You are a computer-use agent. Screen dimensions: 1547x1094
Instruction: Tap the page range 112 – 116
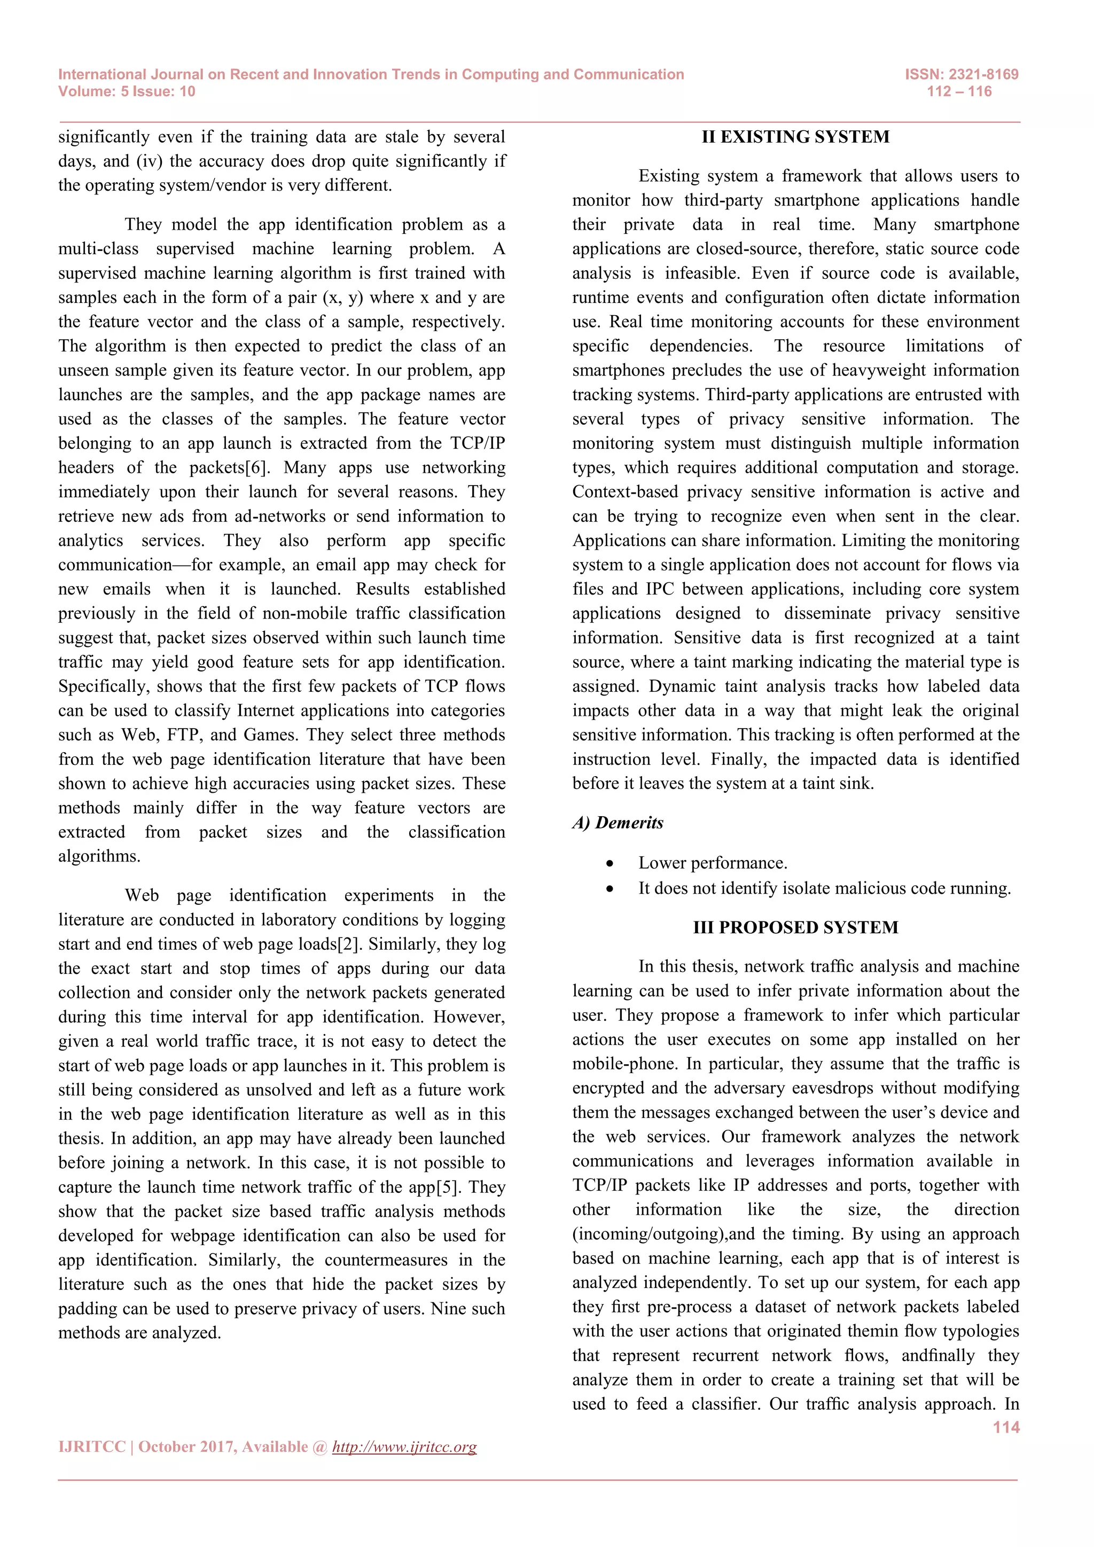click(959, 92)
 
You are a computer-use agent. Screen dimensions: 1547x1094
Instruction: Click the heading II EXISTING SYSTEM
click(795, 137)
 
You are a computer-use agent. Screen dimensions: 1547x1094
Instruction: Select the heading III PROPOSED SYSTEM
click(795, 927)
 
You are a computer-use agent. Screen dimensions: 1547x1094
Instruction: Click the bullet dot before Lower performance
click(609, 864)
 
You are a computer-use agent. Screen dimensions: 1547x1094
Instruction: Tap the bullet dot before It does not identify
click(609, 889)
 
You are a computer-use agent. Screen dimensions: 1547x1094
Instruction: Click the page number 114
click(1006, 1427)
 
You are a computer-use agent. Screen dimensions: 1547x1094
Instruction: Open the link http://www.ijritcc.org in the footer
click(404, 1447)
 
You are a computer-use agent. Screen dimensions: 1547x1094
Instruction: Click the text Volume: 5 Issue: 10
click(127, 92)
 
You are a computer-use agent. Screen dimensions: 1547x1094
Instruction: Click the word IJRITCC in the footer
click(92, 1447)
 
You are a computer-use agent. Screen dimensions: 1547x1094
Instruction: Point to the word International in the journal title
click(101, 74)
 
